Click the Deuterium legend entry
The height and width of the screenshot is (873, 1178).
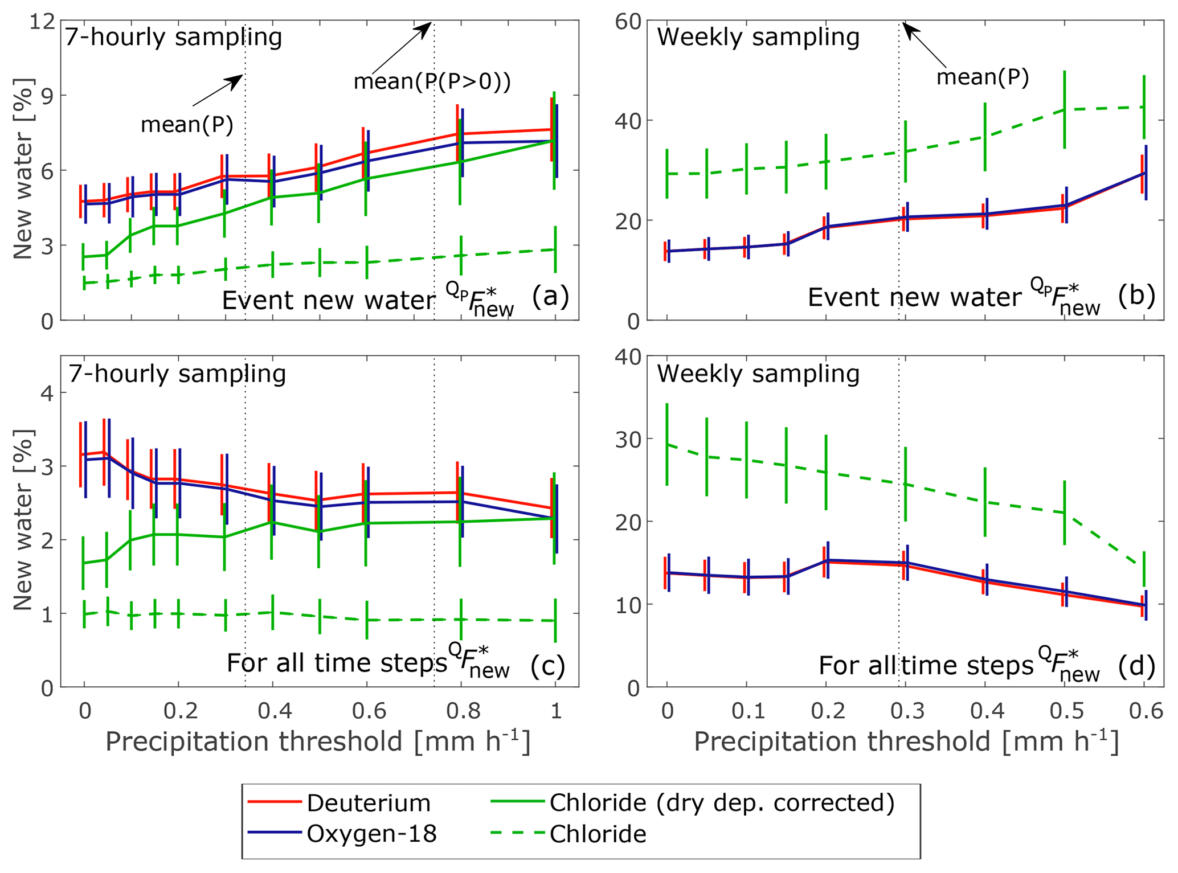[368, 803]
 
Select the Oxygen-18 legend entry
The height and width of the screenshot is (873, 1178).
[371, 834]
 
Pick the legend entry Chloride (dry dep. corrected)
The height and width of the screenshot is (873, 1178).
[722, 802]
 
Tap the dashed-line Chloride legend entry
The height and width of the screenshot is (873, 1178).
[598, 834]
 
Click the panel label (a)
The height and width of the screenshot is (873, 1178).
[550, 297]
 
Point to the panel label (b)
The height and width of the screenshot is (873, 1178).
[1136, 296]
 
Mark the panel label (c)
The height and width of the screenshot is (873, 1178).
[547, 665]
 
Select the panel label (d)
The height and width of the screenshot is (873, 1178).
[1136, 665]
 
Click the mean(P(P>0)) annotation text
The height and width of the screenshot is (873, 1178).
[432, 81]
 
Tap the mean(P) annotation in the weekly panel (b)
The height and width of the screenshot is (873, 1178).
[983, 77]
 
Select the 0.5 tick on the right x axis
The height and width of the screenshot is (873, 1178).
[1064, 711]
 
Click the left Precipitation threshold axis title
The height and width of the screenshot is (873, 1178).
[318, 742]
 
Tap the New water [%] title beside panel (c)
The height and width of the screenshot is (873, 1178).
[23, 520]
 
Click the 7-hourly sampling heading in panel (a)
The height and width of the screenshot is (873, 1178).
[173, 37]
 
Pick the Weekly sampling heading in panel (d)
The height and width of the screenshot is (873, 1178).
[758, 374]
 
